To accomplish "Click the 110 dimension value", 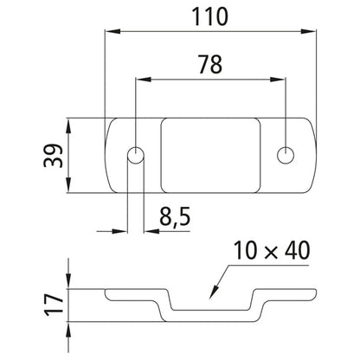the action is point(210,16).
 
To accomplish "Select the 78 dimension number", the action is point(210,64).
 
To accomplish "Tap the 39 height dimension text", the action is point(54,156).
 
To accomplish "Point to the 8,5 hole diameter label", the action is point(175,217).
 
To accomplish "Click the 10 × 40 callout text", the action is point(272,250).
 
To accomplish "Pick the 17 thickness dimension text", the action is point(54,305).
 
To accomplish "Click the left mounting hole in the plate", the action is point(136,155).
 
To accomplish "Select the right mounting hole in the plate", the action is point(286,155).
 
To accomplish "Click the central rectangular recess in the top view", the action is point(210,155).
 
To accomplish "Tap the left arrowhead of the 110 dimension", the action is point(112,31).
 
